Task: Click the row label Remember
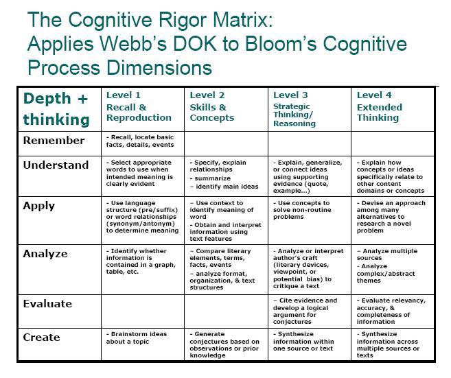(x=54, y=141)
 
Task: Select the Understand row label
(x=56, y=165)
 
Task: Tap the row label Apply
(x=40, y=205)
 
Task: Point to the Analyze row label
(x=45, y=254)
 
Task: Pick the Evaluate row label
(x=47, y=303)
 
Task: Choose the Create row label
(x=42, y=337)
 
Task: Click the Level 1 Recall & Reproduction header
(x=139, y=106)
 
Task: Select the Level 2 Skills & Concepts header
(x=212, y=106)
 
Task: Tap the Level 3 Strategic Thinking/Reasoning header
(x=294, y=110)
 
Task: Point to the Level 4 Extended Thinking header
(x=380, y=106)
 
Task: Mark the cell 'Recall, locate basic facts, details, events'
(x=141, y=141)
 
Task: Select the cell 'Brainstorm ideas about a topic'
(x=138, y=338)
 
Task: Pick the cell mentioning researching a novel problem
(x=391, y=217)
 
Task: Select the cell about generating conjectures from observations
(x=224, y=344)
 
